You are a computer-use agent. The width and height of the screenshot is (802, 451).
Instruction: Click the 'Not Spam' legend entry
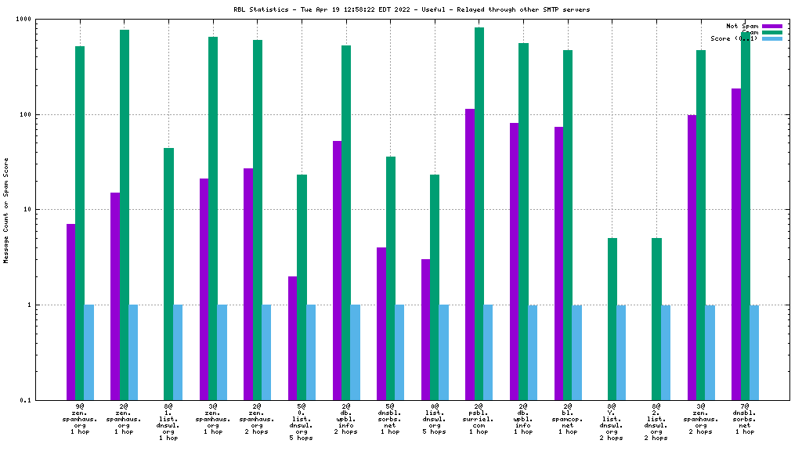[742, 26]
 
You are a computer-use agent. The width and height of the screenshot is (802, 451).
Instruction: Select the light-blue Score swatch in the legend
[771, 38]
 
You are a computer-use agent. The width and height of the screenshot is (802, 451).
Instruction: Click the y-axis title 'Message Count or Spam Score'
[6, 210]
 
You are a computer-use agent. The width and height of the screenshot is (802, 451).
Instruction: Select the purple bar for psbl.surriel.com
[470, 254]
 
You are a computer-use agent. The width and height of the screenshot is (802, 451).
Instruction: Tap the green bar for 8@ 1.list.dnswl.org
[168, 274]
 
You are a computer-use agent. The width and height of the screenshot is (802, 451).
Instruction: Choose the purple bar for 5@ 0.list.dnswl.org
[292, 337]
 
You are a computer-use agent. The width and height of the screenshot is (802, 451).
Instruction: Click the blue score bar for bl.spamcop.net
[576, 352]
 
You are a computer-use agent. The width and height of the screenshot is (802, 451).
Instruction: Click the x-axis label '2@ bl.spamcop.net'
[567, 419]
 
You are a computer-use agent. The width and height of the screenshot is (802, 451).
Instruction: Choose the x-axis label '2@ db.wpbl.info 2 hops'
[345, 419]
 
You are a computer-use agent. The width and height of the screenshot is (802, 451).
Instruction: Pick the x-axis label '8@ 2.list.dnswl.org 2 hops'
[656, 422]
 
